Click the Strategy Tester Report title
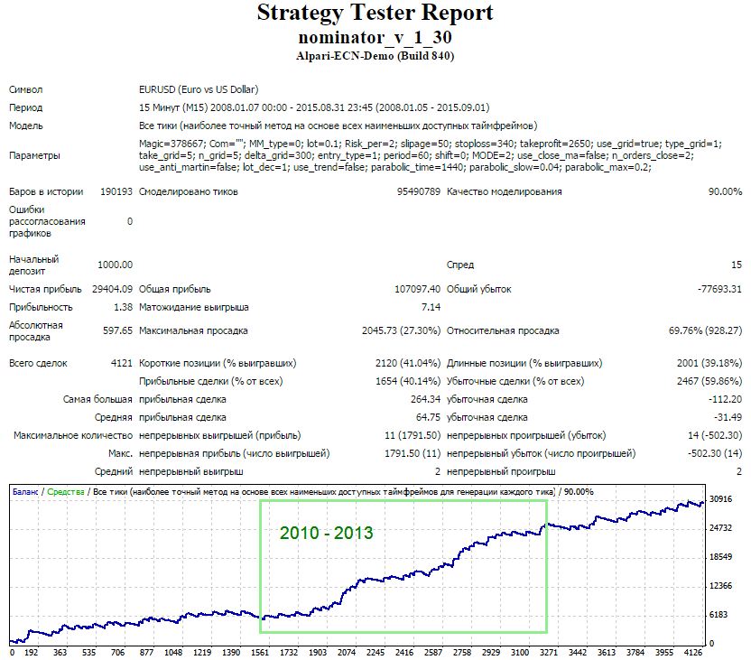click(x=375, y=13)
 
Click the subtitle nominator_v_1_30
click(x=375, y=37)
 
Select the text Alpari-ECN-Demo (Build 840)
click(x=375, y=56)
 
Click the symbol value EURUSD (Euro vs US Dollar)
click(x=199, y=89)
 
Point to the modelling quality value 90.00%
click(x=725, y=191)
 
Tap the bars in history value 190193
click(x=116, y=191)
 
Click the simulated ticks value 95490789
click(x=419, y=191)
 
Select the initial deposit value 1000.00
click(x=115, y=265)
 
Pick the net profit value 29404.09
click(x=112, y=289)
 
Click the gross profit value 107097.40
click(x=417, y=289)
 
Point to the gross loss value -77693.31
click(x=720, y=289)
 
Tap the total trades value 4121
click(x=122, y=363)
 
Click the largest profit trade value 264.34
click(x=425, y=399)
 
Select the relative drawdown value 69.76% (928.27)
click(x=706, y=330)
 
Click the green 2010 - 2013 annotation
click(x=326, y=533)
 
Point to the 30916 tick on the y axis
click(x=721, y=499)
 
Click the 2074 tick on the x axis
click(x=347, y=653)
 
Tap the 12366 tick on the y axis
click(x=721, y=586)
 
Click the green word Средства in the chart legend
click(x=66, y=492)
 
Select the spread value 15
click(x=737, y=265)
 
